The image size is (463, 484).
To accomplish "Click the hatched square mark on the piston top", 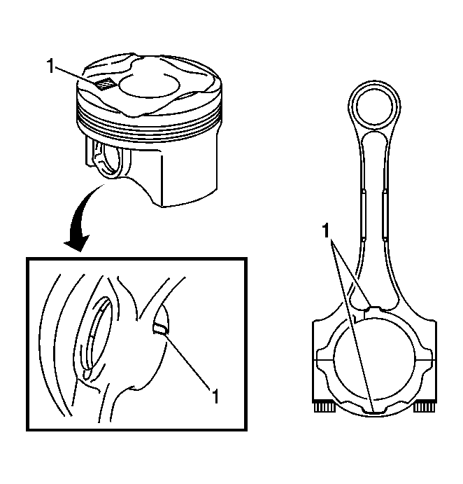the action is click(x=106, y=84).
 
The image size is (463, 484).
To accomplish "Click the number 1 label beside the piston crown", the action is click(x=50, y=66).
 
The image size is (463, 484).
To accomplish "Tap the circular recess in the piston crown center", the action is click(x=149, y=85).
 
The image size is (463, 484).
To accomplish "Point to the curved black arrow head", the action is click(x=76, y=242).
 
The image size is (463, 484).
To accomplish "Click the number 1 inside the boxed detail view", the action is click(x=215, y=396).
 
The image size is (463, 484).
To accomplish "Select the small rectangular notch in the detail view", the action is click(x=161, y=329).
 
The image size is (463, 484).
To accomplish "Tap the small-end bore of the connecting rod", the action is click(x=374, y=106).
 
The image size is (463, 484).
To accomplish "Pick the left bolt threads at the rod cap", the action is click(x=325, y=407).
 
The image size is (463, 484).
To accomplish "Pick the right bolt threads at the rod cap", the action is click(x=424, y=407).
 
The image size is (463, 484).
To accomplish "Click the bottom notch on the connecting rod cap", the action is click(x=374, y=411).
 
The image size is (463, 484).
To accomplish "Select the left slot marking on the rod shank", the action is click(x=363, y=214).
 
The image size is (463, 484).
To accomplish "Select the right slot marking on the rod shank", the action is click(x=385, y=214).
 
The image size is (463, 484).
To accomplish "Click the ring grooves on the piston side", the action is click(x=148, y=124).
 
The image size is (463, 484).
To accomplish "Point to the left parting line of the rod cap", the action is click(x=323, y=360).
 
